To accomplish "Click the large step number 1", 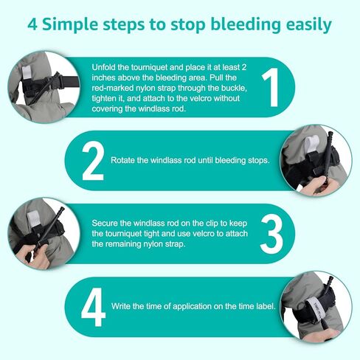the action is point(271,87).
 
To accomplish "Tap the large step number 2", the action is point(93,161).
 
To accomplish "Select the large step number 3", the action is point(271,234).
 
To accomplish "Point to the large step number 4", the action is point(93,307).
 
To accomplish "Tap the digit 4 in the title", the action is point(32,24).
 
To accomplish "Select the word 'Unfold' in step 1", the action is point(103,67).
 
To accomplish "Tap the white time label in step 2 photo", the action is point(311,144).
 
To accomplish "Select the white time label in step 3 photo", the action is point(32,218).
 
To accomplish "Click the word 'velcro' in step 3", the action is point(204,234).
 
